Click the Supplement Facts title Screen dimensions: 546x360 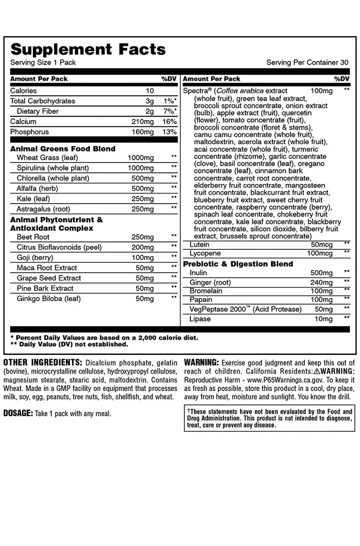pyautogui.click(x=88, y=49)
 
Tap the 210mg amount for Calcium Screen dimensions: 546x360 pyautogui.click(x=143, y=121)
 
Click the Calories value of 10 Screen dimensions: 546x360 pyautogui.click(x=150, y=91)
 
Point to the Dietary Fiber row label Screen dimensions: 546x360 pyautogui.click(x=38, y=111)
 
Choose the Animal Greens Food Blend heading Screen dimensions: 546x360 pyautogui.click(x=63, y=149)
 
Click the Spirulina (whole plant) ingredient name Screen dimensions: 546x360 pyautogui.click(x=53, y=168)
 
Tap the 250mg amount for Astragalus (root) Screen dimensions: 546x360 pyautogui.click(x=143, y=209)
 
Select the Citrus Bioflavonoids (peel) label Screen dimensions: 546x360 pyautogui.click(x=59, y=247)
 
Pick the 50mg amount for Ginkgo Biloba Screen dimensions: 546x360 pyautogui.click(x=145, y=299)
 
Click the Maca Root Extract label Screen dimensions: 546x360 pyautogui.click(x=47, y=268)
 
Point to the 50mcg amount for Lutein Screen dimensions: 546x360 pyautogui.click(x=322, y=245)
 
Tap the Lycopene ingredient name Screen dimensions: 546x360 pyautogui.click(x=205, y=254)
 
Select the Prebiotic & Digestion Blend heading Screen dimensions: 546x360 pyautogui.click(x=238, y=264)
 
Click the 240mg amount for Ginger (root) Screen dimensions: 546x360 pyautogui.click(x=321, y=283)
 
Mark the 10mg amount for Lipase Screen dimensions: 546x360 pyautogui.click(x=324, y=319)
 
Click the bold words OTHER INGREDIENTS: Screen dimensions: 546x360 pyautogui.click(x=43, y=363)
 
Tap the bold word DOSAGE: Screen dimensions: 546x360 pyautogui.click(x=18, y=413)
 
